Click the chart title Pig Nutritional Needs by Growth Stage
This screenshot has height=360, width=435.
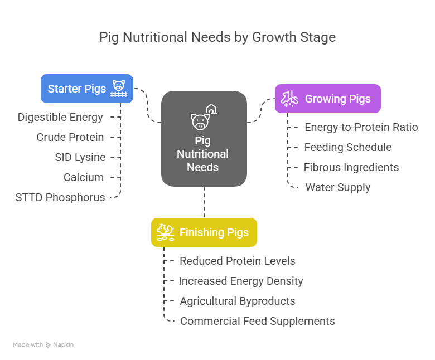[x=217, y=37]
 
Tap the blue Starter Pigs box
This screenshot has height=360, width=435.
[x=87, y=89]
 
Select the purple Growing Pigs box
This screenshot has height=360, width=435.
[x=327, y=99]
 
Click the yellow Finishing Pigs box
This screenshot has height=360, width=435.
[x=204, y=232]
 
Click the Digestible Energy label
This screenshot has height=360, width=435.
[x=60, y=117]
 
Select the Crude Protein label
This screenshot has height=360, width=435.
[x=70, y=137]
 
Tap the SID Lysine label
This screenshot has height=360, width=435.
[x=80, y=157]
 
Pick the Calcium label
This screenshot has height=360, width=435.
[x=84, y=177]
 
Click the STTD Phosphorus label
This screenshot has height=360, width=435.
[x=60, y=197]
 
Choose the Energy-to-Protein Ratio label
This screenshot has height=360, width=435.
[x=361, y=127]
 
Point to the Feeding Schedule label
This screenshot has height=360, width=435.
[x=347, y=147]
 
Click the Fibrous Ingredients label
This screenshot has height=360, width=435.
[x=351, y=167]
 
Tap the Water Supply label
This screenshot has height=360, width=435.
[x=337, y=187]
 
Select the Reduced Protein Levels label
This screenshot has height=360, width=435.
[x=237, y=261]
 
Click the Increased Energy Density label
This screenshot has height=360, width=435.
[x=240, y=281]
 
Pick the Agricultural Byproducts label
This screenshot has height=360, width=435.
[x=237, y=301]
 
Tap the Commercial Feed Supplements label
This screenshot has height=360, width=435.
[x=257, y=321]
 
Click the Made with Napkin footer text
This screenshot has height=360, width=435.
[x=43, y=344]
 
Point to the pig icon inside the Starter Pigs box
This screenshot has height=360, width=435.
[x=118, y=87]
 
